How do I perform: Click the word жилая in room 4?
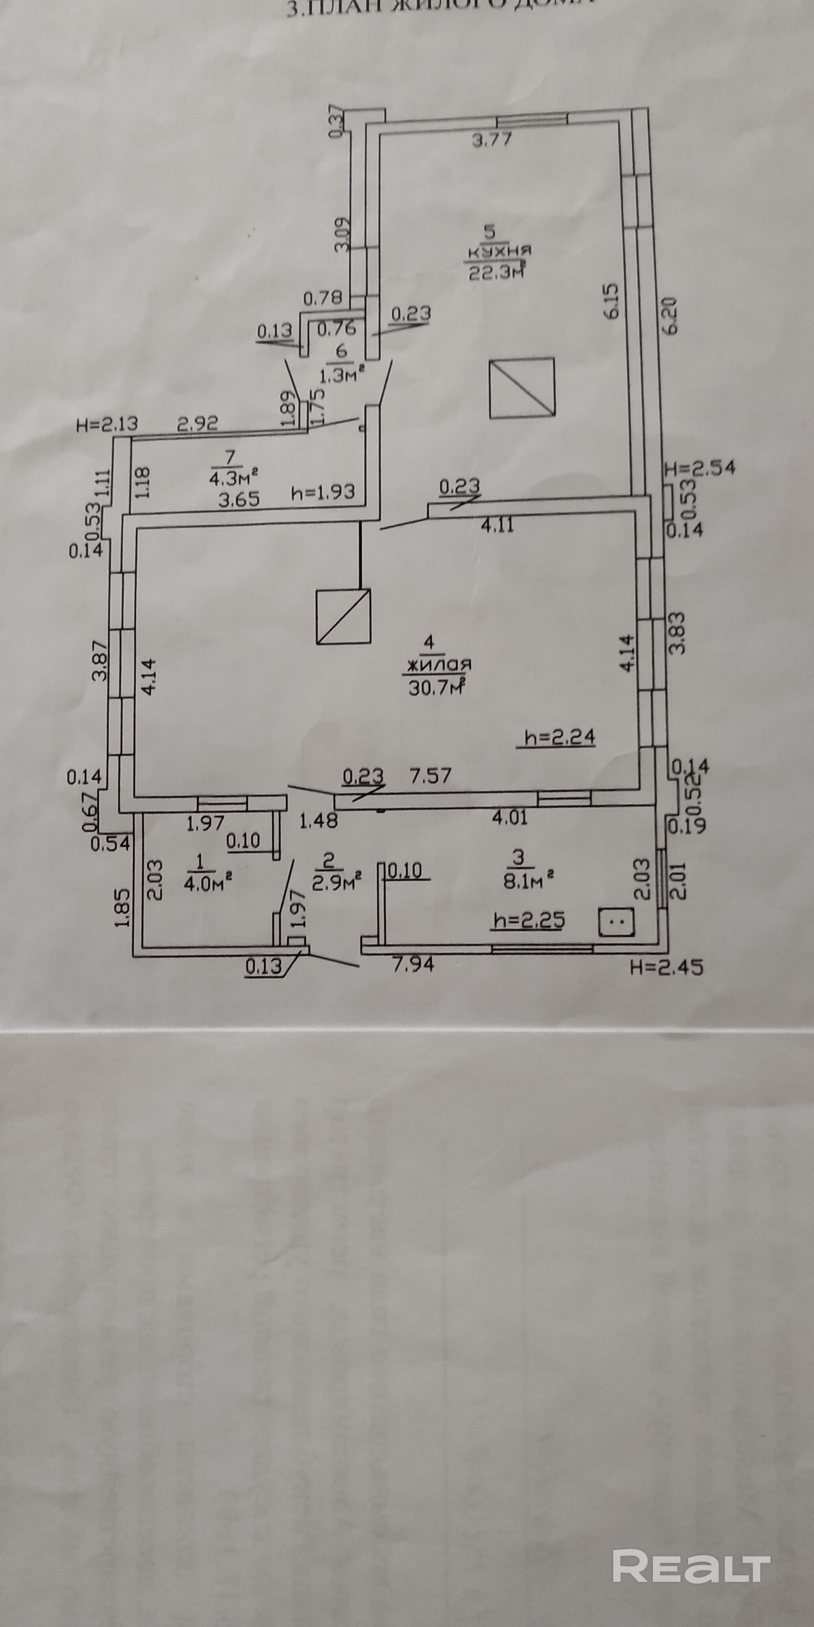click(439, 665)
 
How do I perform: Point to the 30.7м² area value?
click(438, 687)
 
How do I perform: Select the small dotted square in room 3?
click(616, 922)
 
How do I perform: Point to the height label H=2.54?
click(700, 469)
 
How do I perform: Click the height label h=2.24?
click(556, 738)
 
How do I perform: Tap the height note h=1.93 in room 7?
click(324, 491)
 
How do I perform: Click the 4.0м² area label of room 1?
click(206, 882)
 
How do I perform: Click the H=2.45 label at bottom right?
click(666, 967)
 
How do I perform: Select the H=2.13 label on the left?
click(106, 424)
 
